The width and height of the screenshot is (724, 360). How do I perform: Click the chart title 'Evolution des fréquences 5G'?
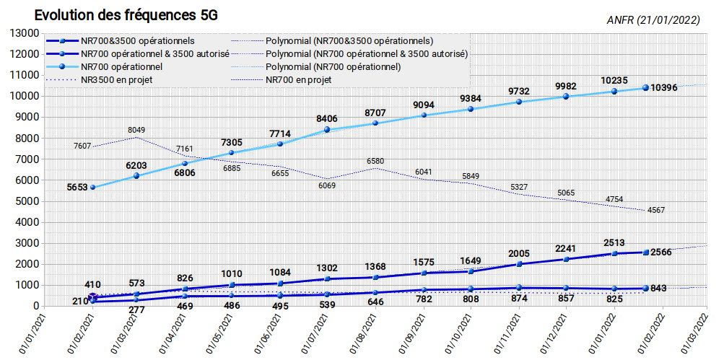(126, 15)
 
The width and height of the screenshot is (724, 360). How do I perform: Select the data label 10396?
(664, 87)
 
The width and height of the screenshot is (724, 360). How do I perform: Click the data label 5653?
(78, 188)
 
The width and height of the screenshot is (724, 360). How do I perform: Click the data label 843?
(658, 289)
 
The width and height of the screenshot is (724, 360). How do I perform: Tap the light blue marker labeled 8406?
(328, 130)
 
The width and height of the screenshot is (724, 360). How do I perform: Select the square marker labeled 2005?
(519, 264)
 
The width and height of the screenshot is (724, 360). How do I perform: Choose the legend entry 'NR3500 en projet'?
(116, 80)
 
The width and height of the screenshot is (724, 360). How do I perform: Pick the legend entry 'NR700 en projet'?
(299, 80)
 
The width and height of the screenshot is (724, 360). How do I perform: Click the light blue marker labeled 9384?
(471, 109)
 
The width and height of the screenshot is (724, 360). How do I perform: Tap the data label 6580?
(375, 161)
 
